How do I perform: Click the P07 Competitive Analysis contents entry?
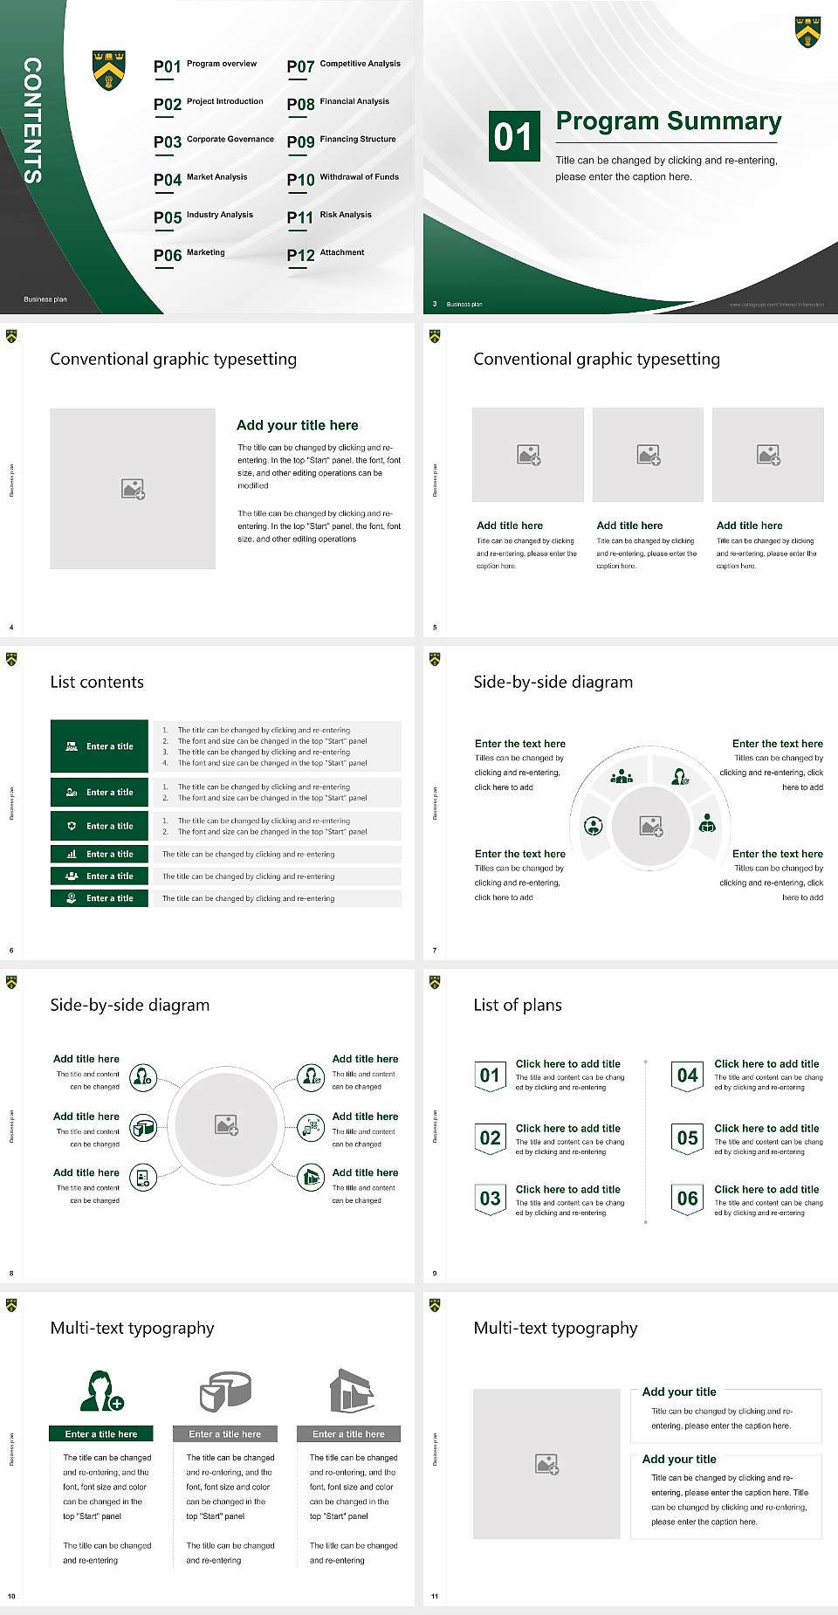344,65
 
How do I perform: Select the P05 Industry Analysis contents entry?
203,216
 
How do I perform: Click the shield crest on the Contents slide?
109,69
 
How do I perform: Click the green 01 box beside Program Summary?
513,136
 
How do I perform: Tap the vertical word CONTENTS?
32,120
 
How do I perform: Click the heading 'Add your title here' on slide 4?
297,425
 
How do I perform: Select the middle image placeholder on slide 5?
648,455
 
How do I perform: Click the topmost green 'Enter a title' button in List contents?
100,746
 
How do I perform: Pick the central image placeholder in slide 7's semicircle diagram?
650,825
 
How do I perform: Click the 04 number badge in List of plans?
688,1076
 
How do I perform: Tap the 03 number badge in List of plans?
491,1199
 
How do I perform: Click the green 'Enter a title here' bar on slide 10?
101,1433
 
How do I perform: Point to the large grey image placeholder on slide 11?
546,1464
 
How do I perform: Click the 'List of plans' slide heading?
518,1005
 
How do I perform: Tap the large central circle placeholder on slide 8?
226,1124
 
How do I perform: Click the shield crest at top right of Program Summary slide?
807,31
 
